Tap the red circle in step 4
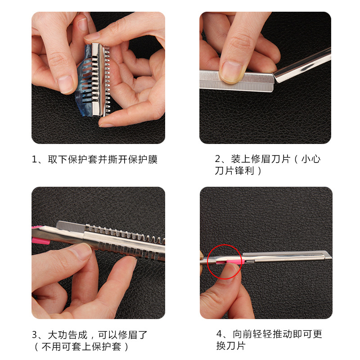pyautogui.click(x=207, y=262)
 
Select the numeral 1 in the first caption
pyautogui.click(x=34, y=159)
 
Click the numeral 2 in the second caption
pyautogui.click(x=218, y=159)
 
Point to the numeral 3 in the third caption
pyautogui.click(x=35, y=335)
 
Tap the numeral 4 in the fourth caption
pyautogui.click(x=219, y=334)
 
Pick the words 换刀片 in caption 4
pyautogui.click(x=231, y=346)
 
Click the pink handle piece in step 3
pyautogui.click(x=41, y=241)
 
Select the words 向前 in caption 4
pyautogui.click(x=243, y=334)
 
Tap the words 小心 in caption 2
pyautogui.click(x=311, y=159)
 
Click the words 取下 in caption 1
pyautogui.click(x=58, y=159)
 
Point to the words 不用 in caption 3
pyautogui.click(x=51, y=346)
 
